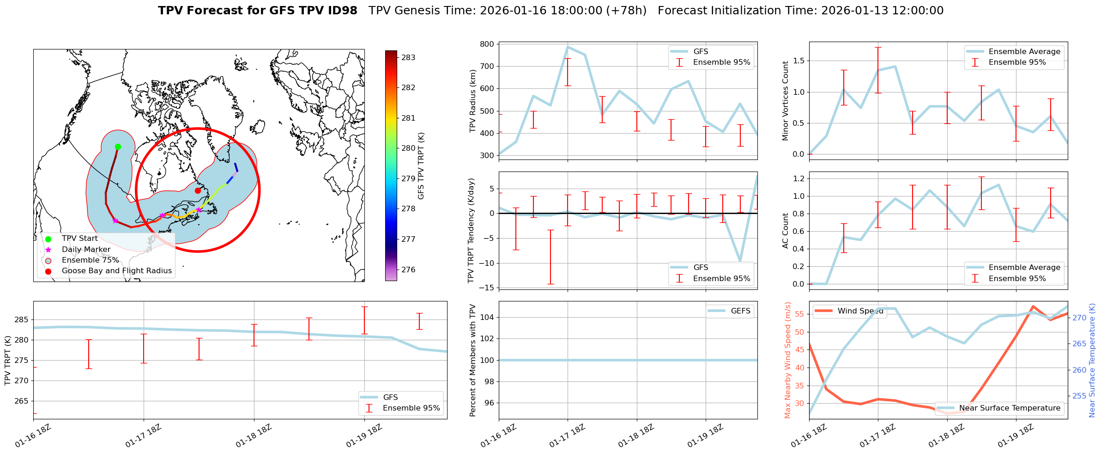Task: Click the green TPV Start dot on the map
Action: [118, 147]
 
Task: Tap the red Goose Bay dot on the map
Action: [198, 190]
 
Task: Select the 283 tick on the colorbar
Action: [408, 58]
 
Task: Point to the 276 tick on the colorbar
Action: [408, 270]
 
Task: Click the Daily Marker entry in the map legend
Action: [86, 250]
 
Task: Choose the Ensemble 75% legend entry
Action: [90, 260]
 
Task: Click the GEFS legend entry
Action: [740, 311]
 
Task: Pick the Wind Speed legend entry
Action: [860, 311]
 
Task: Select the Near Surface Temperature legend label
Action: [1010, 408]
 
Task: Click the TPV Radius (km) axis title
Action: [472, 101]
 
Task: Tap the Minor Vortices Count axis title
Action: [786, 101]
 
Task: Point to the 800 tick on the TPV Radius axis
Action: [488, 44]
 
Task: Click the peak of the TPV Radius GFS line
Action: [568, 47]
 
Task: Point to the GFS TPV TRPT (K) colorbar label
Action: [421, 166]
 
